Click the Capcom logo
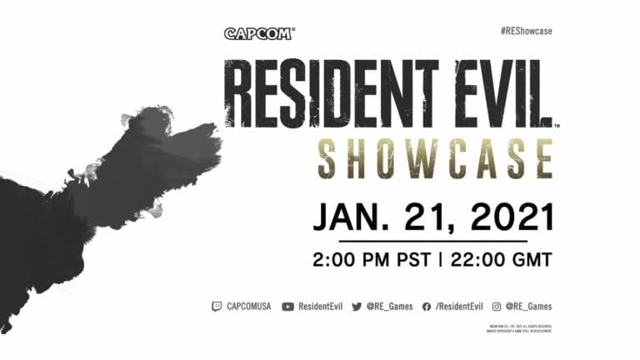click(259, 34)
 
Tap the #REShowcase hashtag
click(526, 31)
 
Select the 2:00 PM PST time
click(372, 260)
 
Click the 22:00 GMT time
click(501, 260)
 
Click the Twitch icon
click(217, 307)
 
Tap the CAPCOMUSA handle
click(249, 307)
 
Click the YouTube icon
click(288, 307)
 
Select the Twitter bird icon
click(357, 307)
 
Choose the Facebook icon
click(427, 307)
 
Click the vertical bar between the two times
click(440, 260)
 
